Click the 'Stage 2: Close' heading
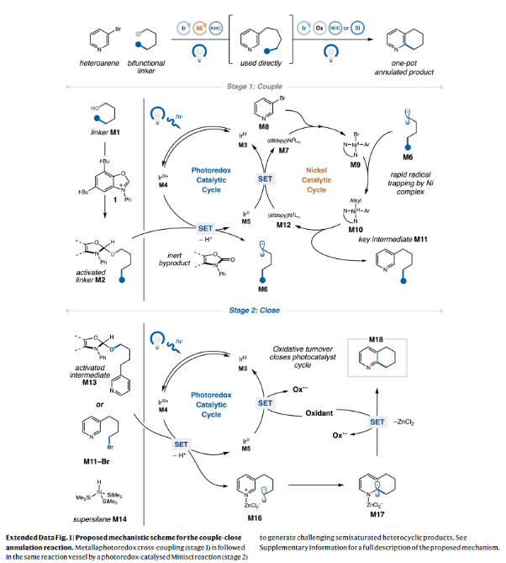(256, 311)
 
